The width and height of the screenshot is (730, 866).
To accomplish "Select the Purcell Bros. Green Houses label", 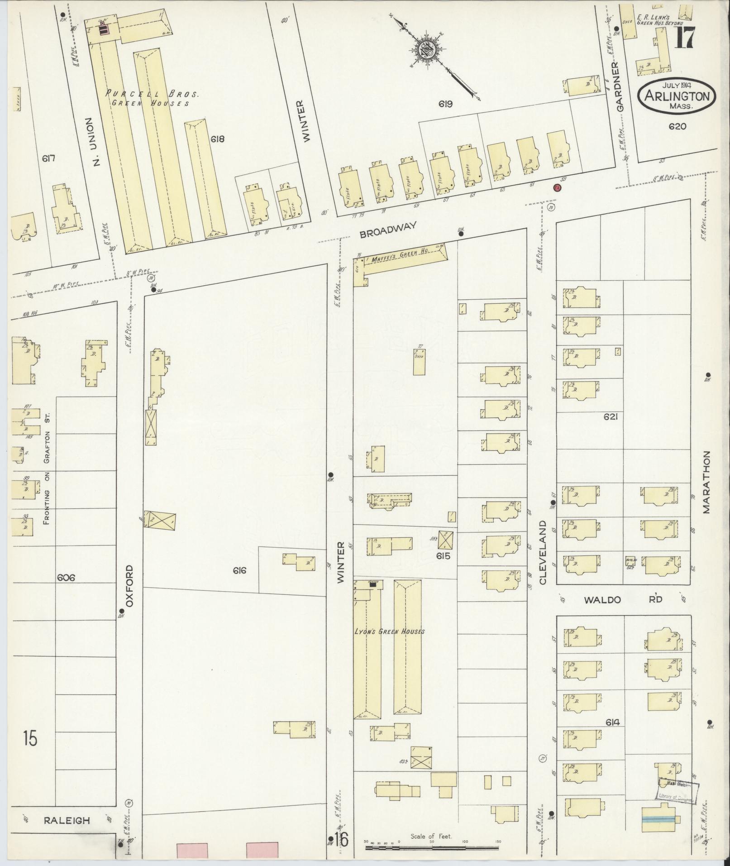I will click(x=148, y=98).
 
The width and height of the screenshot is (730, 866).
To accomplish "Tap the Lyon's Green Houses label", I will click(x=390, y=631).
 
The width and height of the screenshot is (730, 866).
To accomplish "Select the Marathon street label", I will click(x=706, y=482).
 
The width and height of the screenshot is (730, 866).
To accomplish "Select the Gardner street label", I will click(x=620, y=87).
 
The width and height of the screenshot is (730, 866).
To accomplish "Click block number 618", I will click(x=217, y=139).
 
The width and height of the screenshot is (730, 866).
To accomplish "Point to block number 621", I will click(x=611, y=416).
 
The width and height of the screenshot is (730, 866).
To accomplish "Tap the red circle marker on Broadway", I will click(x=557, y=187).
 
